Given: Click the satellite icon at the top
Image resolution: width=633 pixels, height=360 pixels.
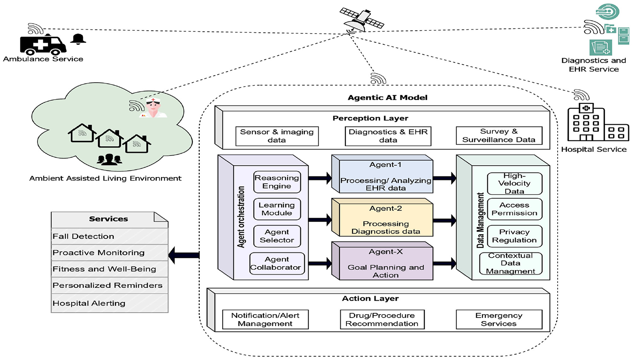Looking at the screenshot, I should [362, 20].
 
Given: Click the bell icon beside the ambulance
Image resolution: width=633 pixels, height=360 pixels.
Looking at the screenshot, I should [78, 39].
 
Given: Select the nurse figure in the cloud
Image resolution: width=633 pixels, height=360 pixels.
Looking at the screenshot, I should [153, 108].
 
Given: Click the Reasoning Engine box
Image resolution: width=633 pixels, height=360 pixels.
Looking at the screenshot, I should [277, 182].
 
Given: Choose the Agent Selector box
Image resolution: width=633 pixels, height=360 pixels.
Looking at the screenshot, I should [277, 236].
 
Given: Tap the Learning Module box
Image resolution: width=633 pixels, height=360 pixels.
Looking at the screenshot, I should [277, 209].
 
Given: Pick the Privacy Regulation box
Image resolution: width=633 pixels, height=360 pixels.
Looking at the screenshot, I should [514, 236].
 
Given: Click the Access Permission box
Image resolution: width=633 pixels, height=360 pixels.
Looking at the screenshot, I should [514, 209].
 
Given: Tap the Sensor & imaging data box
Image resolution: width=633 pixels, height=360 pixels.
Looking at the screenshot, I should [277, 136].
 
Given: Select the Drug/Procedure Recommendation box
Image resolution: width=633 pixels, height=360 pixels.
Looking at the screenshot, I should [382, 320].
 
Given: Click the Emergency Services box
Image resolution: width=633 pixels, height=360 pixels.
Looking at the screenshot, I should [499, 320].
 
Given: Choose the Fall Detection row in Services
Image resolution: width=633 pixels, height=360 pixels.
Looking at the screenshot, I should [109, 236].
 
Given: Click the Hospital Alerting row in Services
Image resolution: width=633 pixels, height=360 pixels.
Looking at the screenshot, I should [109, 303].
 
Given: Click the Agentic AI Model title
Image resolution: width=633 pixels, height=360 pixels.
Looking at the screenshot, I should [387, 98].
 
